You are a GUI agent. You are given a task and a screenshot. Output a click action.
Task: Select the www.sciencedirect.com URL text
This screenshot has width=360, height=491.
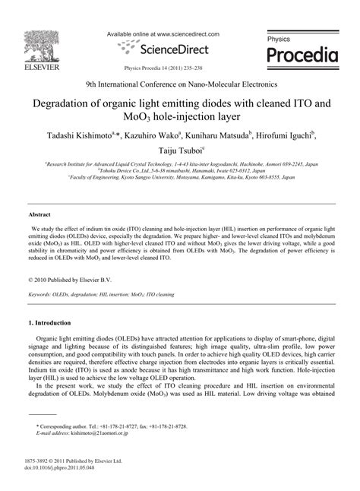click(201, 34)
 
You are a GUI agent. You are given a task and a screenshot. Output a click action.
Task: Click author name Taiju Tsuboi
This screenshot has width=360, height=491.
click(177, 152)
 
